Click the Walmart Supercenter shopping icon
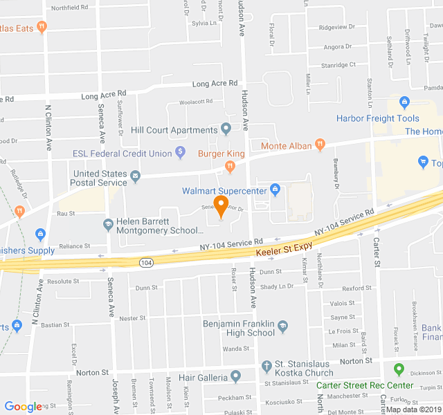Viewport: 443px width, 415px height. [275, 188]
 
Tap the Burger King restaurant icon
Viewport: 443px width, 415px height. [230, 166]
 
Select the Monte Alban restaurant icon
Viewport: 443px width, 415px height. [319, 145]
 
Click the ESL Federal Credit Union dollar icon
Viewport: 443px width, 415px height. [181, 151]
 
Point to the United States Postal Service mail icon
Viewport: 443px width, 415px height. [136, 177]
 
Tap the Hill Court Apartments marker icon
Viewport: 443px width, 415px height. [226, 129]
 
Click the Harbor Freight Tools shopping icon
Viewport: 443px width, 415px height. [404, 103]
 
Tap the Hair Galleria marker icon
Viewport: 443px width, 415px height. [235, 377]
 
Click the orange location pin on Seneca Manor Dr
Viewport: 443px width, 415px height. [221, 205]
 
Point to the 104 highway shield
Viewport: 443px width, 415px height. [145, 263]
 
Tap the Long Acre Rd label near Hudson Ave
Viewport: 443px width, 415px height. [215, 84]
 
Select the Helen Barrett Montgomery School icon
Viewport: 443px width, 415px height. [108, 224]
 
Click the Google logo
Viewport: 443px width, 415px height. [24, 407]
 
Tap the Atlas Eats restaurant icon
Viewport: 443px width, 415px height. [42, 27]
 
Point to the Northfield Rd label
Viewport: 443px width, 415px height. [69, 7]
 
